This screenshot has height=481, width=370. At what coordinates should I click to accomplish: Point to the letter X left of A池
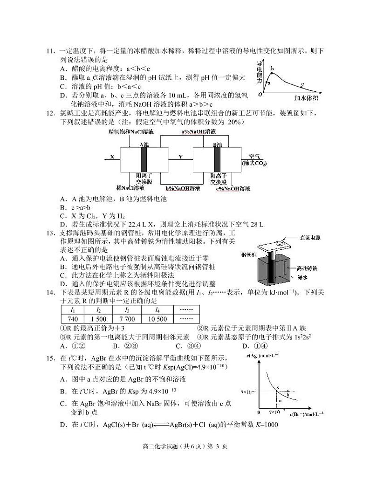click(x=112, y=157)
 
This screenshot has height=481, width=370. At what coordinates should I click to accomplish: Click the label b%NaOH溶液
click(x=183, y=188)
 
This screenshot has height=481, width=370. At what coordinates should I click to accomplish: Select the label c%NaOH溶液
click(x=233, y=189)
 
